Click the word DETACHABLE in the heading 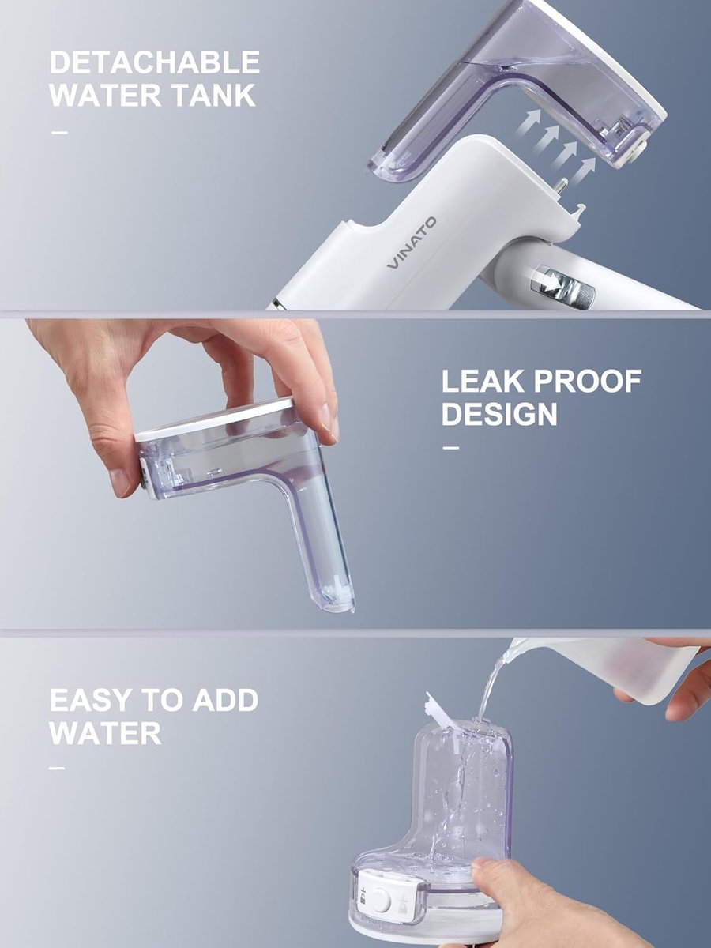(x=155, y=62)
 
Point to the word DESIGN (x=499, y=414)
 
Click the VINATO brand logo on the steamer (x=412, y=243)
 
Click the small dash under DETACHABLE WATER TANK (x=59, y=132)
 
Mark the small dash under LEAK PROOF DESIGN (x=451, y=448)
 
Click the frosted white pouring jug (x=604, y=670)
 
